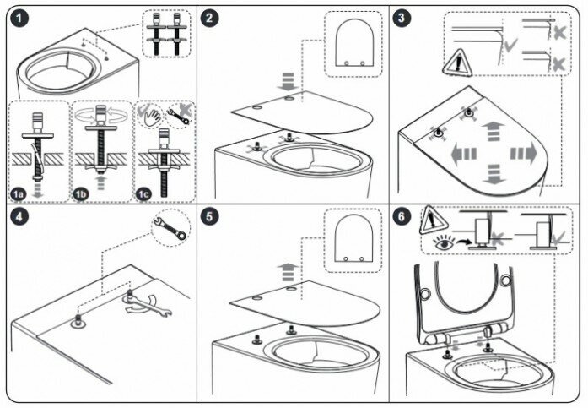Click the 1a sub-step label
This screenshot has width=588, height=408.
19,193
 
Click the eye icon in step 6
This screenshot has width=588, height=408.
441,242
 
